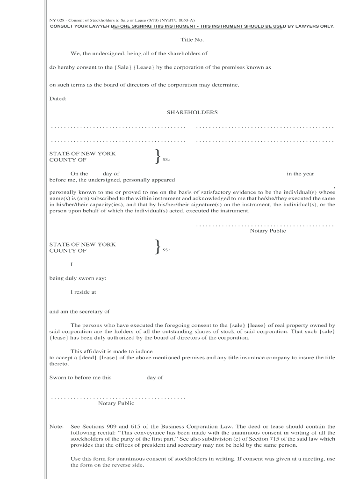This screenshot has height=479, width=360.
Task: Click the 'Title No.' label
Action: coord(192,40)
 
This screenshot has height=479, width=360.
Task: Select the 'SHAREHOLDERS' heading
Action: coord(192,113)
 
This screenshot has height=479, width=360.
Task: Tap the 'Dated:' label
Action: coord(58,99)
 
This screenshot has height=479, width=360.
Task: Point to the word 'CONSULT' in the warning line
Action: coord(62,26)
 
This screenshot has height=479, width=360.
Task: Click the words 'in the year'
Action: coord(300,174)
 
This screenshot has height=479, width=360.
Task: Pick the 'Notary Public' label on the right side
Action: coord(268,231)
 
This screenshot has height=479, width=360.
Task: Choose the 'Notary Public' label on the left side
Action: coord(116,403)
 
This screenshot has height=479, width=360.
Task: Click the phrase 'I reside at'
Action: coord(83,292)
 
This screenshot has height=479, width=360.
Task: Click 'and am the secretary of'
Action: coord(79,312)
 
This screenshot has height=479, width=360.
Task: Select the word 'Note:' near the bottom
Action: coord(56,427)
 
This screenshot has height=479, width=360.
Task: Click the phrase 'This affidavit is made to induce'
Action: coord(111,351)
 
